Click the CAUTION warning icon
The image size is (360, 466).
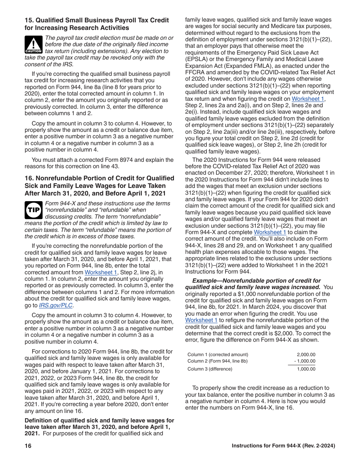[x=33, y=44]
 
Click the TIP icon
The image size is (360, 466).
[x=33, y=210]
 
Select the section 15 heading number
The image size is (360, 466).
[x=28, y=20]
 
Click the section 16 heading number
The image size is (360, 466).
[x=28, y=178]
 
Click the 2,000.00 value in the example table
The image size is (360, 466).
[x=306, y=355]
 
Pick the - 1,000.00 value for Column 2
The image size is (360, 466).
[x=305, y=361]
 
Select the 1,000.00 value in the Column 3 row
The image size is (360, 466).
[x=306, y=369]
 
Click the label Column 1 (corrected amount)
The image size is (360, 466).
[x=218, y=355]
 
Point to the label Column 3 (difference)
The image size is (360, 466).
[x=210, y=369]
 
